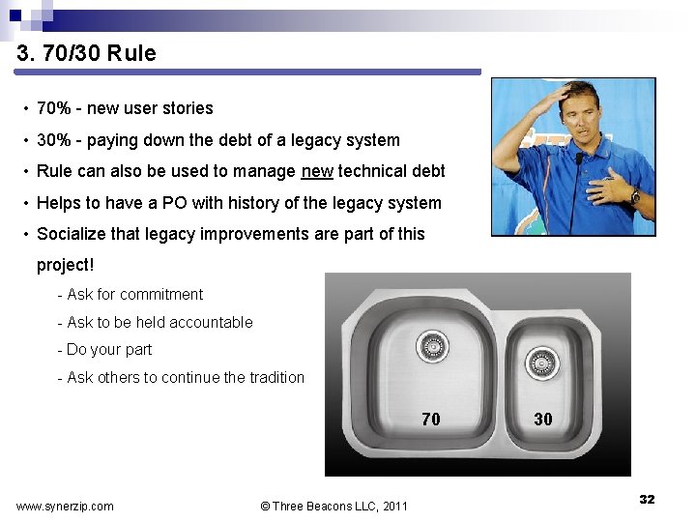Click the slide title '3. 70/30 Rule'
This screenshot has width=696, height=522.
(x=86, y=53)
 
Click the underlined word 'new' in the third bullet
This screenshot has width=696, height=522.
(x=317, y=171)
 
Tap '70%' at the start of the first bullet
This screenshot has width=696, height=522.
(x=53, y=108)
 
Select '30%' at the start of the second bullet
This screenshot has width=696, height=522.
(x=53, y=140)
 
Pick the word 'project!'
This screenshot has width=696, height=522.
(x=66, y=264)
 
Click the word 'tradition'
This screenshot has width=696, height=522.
(x=274, y=378)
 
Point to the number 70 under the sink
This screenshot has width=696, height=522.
(x=431, y=419)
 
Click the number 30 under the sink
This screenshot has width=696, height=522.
(x=543, y=419)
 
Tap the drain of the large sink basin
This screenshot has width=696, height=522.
(x=431, y=345)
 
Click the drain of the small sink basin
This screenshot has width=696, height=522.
(x=541, y=362)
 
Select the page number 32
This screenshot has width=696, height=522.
(x=647, y=500)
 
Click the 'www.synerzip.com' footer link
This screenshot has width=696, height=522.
(x=65, y=507)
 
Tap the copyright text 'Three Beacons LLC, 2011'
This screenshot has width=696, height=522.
(x=340, y=507)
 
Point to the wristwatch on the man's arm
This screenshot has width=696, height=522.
(x=635, y=196)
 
